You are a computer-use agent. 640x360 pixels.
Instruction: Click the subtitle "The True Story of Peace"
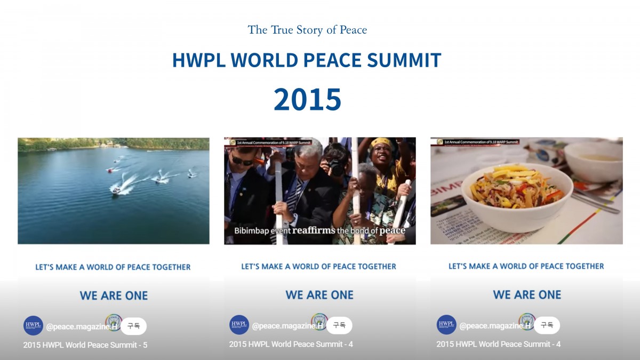(x=307, y=30)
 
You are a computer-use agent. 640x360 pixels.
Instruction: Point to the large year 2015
(x=307, y=99)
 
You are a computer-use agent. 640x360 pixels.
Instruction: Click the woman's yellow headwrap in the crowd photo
(x=381, y=143)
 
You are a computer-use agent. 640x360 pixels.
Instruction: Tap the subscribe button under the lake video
(x=133, y=326)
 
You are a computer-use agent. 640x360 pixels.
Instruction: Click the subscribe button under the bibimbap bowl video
(x=547, y=325)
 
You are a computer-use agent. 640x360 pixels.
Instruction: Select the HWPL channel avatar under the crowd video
(x=239, y=325)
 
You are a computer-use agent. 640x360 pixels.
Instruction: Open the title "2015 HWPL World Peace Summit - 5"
(x=85, y=345)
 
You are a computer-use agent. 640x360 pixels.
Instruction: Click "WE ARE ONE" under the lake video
(x=114, y=295)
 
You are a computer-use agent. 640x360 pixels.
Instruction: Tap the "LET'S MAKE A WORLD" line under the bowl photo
(x=526, y=266)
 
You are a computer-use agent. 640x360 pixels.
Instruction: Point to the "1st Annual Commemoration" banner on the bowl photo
(x=478, y=142)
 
